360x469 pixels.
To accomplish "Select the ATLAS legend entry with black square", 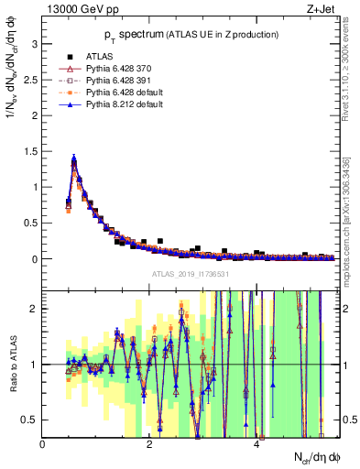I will pos(96,56).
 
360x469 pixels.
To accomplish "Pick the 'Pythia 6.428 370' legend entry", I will pos(117,69).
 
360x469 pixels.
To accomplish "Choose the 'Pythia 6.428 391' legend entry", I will pos(117,81).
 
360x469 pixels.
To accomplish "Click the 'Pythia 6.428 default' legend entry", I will pos(123,93).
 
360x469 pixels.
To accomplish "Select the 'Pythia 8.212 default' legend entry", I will pos(123,104).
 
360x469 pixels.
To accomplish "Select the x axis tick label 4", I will pos(257,443).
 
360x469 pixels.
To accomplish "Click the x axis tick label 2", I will pos(150,443).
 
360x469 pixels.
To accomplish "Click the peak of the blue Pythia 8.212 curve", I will pos(73,158).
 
